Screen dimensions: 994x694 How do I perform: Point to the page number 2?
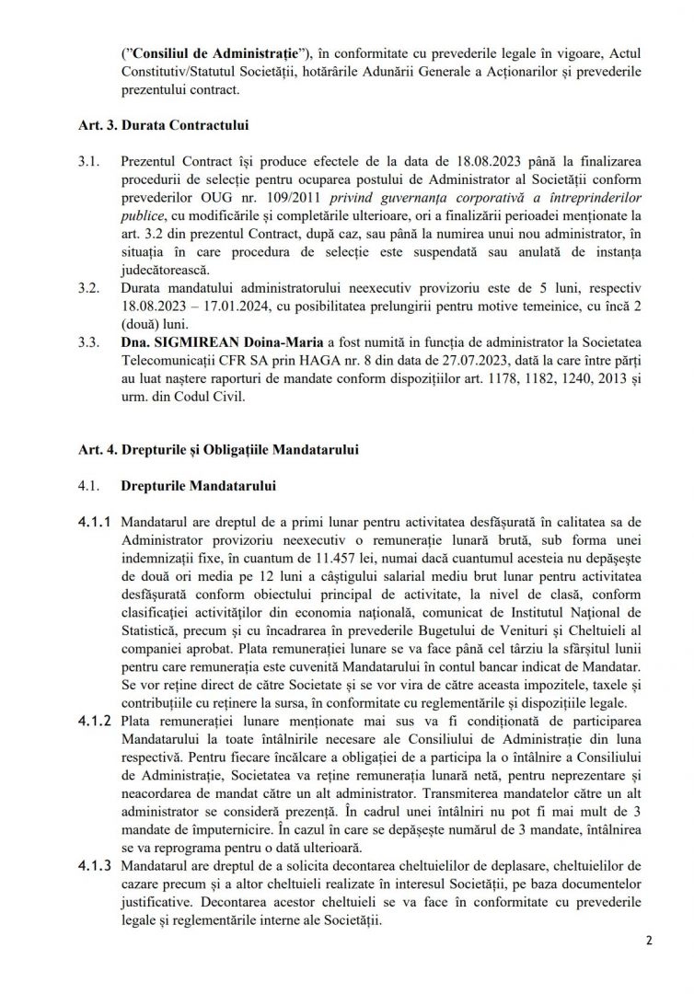click(649, 961)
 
